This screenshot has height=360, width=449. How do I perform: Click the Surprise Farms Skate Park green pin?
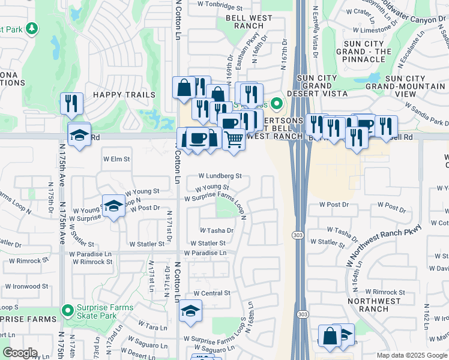(x=67, y=311)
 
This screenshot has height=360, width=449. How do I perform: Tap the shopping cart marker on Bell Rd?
(x=234, y=140)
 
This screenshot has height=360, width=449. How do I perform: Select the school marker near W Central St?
(x=190, y=311)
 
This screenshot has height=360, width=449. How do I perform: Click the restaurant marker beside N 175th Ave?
(x=71, y=104)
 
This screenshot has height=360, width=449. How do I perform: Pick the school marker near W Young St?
(x=113, y=207)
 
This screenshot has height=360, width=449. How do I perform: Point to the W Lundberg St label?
(x=221, y=176)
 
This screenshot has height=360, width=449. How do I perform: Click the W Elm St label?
(x=116, y=159)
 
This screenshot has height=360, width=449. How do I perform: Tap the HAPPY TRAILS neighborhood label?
(x=124, y=95)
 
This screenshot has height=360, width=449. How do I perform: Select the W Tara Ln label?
(x=152, y=328)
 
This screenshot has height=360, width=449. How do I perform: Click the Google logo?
(x=20, y=353)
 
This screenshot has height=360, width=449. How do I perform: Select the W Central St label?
(x=211, y=293)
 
